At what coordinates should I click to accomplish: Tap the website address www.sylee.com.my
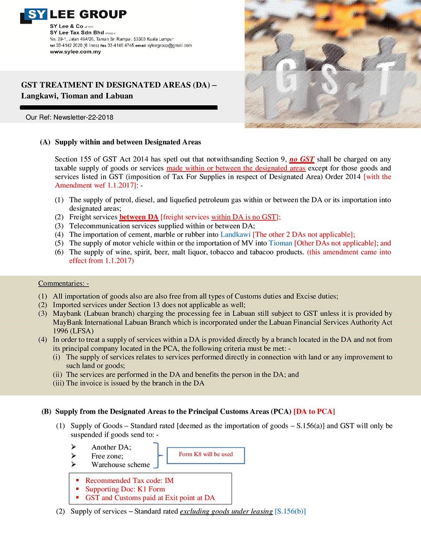[x=75, y=52]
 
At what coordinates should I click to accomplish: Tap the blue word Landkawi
[x=235, y=234]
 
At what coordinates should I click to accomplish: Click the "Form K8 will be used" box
[x=205, y=455]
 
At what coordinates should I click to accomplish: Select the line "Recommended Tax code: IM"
[x=129, y=480]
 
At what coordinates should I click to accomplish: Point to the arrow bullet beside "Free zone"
[x=73, y=456]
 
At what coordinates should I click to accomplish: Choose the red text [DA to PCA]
[x=314, y=411]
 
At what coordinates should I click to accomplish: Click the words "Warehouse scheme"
[x=120, y=464]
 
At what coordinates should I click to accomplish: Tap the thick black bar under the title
[x=118, y=107]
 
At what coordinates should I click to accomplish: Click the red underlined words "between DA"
[x=139, y=217]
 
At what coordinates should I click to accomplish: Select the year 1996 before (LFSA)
[x=62, y=330]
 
